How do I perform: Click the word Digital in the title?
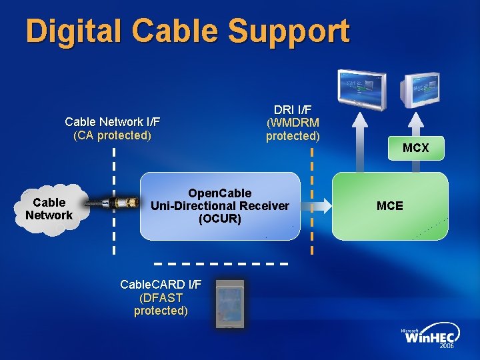tap(73, 31)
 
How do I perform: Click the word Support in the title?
tap(289, 32)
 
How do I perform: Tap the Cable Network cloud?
tap(51, 209)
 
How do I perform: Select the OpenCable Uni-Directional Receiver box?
tap(220, 206)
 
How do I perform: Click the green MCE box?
tap(390, 206)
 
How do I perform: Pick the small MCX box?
tap(416, 148)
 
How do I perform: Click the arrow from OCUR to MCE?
tap(316, 205)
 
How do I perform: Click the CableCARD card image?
tap(230, 304)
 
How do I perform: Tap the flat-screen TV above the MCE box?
tap(362, 90)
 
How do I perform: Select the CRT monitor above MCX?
tap(420, 90)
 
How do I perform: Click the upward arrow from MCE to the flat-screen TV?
tap(360, 142)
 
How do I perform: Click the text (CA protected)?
tap(113, 135)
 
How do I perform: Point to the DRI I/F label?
tap(293, 109)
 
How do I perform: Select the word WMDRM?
tap(293, 123)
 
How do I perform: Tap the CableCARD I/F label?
tap(161, 285)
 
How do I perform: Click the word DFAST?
tap(161, 297)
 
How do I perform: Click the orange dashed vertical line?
tap(311, 201)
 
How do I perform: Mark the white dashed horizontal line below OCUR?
tap(221, 263)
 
